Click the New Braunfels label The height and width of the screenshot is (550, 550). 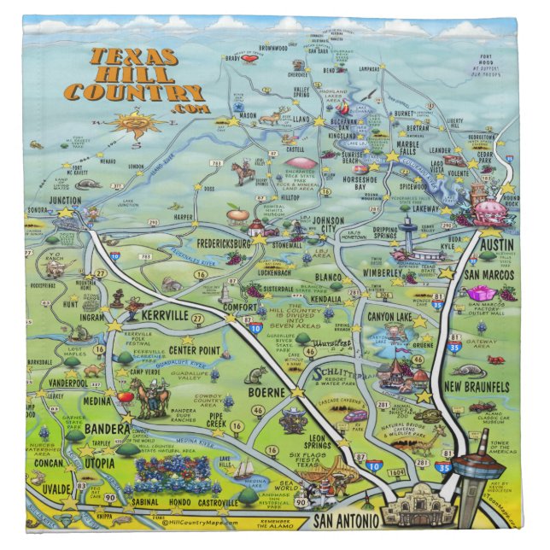477,387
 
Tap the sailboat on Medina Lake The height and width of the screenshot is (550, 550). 246,467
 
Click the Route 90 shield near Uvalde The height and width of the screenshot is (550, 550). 109,497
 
